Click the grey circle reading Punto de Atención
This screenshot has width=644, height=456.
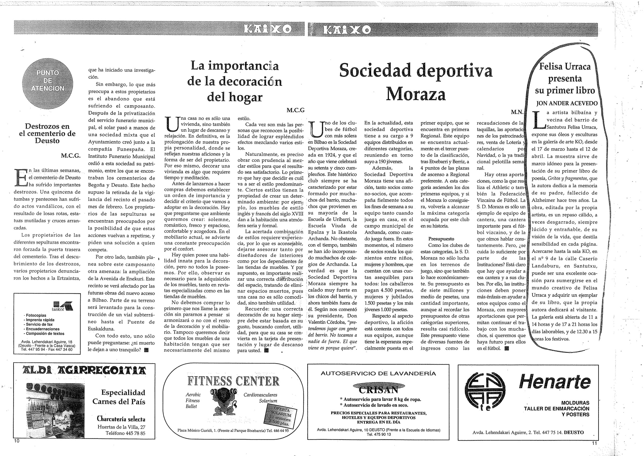(x=48, y=81)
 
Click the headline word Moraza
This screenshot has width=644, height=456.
(x=416, y=94)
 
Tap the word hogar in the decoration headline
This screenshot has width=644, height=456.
(x=234, y=97)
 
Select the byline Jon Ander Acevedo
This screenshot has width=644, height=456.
(x=567, y=103)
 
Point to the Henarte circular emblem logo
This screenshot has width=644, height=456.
(x=485, y=395)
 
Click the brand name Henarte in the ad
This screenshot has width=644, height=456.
(x=555, y=382)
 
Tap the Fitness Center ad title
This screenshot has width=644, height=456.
(x=233, y=381)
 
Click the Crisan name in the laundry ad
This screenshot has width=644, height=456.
(x=378, y=390)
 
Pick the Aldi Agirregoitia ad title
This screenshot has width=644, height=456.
(x=84, y=370)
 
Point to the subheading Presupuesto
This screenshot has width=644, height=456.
(x=441, y=239)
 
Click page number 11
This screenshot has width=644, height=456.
(x=594, y=443)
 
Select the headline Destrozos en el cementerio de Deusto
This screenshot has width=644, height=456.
(x=48, y=133)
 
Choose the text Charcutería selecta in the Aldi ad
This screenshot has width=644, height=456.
(x=121, y=419)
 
